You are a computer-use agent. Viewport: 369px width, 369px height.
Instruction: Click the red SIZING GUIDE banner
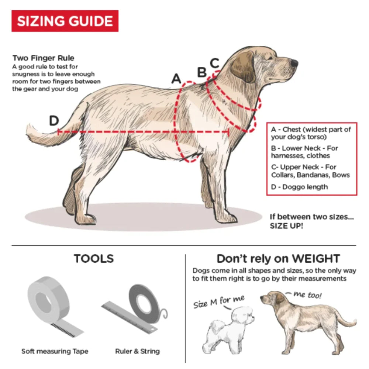coord(65,21)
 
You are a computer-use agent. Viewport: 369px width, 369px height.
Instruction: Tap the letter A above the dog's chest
coord(176,79)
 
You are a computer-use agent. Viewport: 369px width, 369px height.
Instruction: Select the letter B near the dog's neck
coord(202,72)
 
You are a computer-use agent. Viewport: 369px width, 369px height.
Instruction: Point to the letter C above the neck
coord(214,63)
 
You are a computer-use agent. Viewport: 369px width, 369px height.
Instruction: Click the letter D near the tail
coord(54,121)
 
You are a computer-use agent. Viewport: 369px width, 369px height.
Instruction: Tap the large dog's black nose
coord(294,63)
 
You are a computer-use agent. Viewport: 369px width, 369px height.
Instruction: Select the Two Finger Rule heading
coord(43,58)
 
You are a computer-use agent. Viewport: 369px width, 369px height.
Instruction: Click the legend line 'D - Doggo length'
coord(299,187)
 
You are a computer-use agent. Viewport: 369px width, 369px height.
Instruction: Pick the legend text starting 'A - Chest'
coord(311,133)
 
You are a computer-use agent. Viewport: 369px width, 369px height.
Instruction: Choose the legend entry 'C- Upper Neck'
coord(310,171)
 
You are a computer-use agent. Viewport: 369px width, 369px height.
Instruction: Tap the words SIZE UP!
coord(286,226)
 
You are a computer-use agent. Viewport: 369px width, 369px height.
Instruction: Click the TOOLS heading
coord(94,258)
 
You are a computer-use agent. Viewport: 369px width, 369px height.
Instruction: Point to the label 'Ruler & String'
coord(137,351)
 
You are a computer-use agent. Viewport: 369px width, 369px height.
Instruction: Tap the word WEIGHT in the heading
coord(316,259)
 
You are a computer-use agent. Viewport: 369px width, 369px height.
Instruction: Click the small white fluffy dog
coord(228,330)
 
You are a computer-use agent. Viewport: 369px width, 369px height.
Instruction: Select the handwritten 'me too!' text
coord(307,294)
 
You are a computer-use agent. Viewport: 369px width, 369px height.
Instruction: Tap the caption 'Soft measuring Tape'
coord(55,351)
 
